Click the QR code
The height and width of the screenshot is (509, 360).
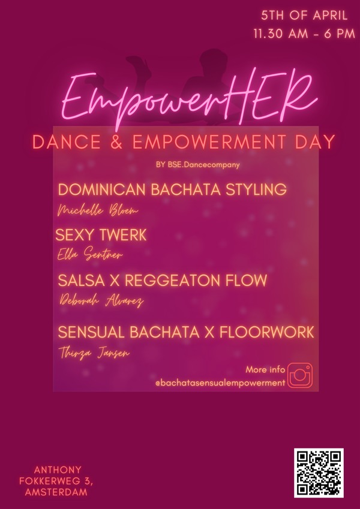click(x=319, y=472)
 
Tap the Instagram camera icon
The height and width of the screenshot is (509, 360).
click(x=300, y=375)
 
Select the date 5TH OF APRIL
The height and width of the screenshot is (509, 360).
click(x=304, y=16)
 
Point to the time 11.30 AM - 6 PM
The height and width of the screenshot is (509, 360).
click(x=304, y=34)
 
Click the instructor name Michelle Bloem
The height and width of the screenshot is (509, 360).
click(x=98, y=210)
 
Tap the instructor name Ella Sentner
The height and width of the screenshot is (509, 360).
click(x=90, y=255)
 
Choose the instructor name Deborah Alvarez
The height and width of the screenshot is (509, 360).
click(x=101, y=301)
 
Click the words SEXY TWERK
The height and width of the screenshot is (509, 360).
click(x=101, y=235)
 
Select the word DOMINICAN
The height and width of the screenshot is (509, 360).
click(x=101, y=189)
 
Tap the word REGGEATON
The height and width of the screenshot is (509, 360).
click(x=172, y=281)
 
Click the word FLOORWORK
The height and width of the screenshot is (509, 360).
click(x=267, y=332)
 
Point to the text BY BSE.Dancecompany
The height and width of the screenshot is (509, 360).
click(x=197, y=165)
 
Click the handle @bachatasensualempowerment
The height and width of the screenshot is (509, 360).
click(x=220, y=383)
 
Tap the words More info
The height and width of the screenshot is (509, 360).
click(x=265, y=369)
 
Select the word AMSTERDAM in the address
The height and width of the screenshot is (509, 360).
click(x=56, y=492)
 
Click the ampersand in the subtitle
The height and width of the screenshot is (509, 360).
click(x=116, y=142)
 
